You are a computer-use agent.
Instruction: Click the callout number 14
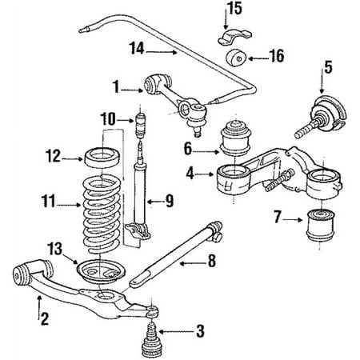pos(137,49)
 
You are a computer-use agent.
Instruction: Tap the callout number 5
pos(328,67)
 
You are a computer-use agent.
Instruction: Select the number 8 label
pos(212,261)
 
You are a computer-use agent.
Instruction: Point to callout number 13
pos(54,249)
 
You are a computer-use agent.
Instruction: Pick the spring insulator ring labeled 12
pos(102,158)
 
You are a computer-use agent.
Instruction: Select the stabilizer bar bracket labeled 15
pos(234,37)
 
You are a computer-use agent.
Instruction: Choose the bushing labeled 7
pos(320,226)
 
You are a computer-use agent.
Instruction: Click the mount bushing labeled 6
pos(235,139)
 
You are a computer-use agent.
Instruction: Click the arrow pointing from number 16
pos(258,58)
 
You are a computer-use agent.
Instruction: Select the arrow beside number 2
pos(39,307)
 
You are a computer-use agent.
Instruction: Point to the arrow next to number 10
pos(125,121)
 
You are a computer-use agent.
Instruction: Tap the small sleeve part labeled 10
pos(141,125)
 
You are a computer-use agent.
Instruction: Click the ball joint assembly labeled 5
pos(322,116)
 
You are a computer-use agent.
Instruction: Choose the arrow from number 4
pos(205,174)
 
